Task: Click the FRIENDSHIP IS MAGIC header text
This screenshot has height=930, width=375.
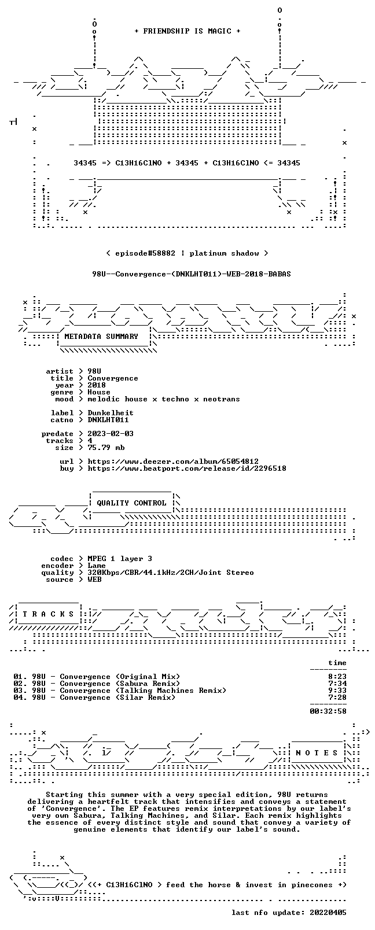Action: click(187, 31)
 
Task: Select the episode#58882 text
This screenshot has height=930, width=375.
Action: click(145, 253)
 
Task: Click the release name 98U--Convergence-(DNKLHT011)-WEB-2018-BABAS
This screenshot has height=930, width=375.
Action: click(192, 274)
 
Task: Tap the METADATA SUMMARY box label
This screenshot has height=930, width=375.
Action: click(101, 336)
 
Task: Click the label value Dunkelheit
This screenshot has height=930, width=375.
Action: click(111, 413)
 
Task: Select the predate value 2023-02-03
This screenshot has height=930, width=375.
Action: click(111, 433)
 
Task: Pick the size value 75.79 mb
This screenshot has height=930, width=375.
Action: click(106, 448)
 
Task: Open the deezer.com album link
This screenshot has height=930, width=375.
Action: click(173, 462)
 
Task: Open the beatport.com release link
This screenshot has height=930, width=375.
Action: click(187, 468)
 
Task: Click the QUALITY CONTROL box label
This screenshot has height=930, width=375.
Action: click(131, 503)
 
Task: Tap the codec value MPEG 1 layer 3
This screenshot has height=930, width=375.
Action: click(120, 559)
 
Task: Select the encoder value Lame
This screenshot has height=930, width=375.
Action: click(97, 566)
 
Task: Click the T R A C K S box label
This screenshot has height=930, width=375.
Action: click(48, 614)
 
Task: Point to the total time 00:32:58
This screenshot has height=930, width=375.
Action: click(328, 711)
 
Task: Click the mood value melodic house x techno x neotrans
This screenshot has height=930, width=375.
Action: click(164, 399)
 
